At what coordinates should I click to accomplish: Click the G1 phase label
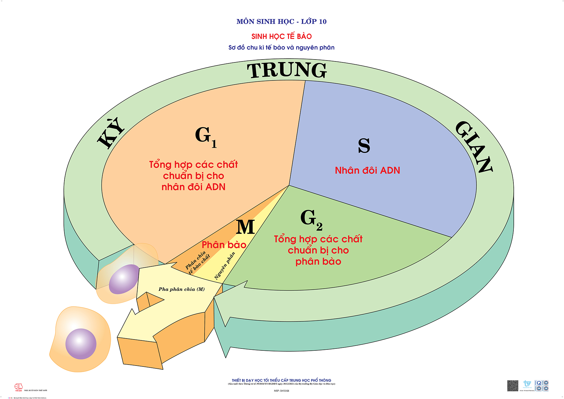click(x=205, y=136)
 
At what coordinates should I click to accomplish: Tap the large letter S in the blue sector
click(x=364, y=145)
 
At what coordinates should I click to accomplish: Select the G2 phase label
click(x=311, y=219)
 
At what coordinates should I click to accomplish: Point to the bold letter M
click(x=245, y=227)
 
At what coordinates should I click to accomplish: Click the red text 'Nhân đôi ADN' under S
click(x=367, y=170)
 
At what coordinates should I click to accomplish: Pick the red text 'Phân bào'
click(x=224, y=245)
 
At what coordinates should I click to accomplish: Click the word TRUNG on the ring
click(x=287, y=70)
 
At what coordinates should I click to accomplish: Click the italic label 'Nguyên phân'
click(x=225, y=265)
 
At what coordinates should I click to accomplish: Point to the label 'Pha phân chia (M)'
click(x=181, y=289)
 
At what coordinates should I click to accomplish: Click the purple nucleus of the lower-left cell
click(x=81, y=344)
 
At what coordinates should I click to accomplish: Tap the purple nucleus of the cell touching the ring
click(x=124, y=279)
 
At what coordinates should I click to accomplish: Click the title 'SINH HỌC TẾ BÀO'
click(x=282, y=36)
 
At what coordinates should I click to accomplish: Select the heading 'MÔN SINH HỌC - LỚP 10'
click(x=282, y=22)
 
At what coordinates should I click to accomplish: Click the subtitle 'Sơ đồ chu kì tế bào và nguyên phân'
click(x=282, y=48)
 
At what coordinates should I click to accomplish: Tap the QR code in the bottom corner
click(x=512, y=385)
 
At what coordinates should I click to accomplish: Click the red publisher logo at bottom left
click(x=19, y=387)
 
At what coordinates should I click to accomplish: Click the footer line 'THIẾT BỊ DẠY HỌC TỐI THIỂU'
click(x=282, y=380)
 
